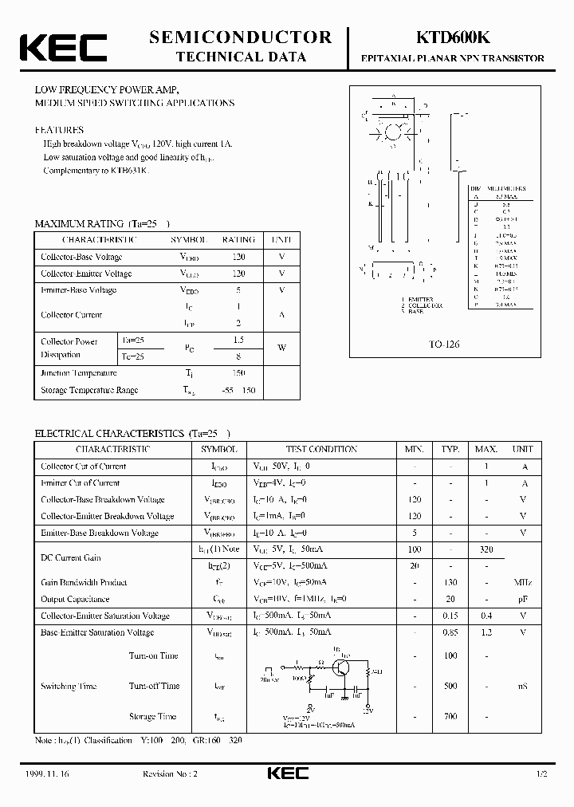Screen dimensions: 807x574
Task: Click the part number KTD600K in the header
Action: tap(452, 37)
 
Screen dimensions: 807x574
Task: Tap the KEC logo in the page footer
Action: tap(287, 774)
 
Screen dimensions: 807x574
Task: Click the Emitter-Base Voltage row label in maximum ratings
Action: tap(79, 290)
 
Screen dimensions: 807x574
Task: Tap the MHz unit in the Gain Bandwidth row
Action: tap(524, 583)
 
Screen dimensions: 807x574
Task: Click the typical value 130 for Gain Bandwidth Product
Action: tap(450, 583)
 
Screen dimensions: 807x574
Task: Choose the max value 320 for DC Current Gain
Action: tap(486, 549)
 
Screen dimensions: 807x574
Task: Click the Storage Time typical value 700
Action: tap(450, 717)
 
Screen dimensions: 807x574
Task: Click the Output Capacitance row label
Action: tap(75, 599)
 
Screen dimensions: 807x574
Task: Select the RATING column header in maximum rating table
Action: tap(238, 240)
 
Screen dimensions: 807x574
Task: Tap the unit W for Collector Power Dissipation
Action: tap(281, 348)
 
